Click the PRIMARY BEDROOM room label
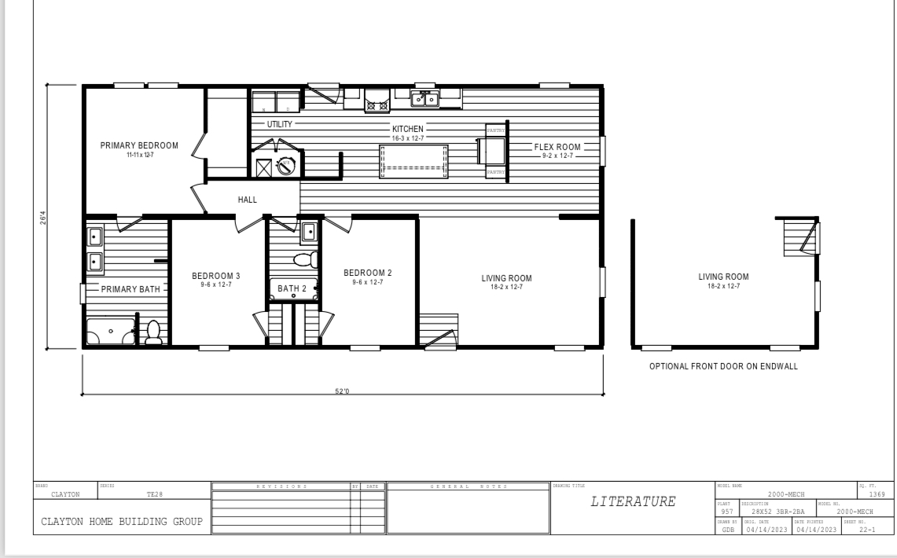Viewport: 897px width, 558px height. coord(139,145)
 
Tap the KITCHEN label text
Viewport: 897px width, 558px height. coord(408,129)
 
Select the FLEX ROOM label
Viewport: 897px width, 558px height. coord(557,147)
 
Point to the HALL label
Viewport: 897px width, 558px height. coord(247,200)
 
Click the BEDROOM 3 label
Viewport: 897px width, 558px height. coord(215,276)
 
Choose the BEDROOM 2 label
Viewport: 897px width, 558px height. coord(367,273)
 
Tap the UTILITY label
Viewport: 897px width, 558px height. coord(279,124)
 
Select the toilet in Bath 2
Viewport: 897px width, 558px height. coord(303,259)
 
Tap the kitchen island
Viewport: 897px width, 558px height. coord(414,162)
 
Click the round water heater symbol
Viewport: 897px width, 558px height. coord(288,167)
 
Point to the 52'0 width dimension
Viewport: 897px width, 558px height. coord(343,391)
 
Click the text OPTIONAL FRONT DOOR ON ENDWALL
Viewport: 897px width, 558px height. coord(723,367)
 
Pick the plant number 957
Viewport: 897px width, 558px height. coord(726,512)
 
